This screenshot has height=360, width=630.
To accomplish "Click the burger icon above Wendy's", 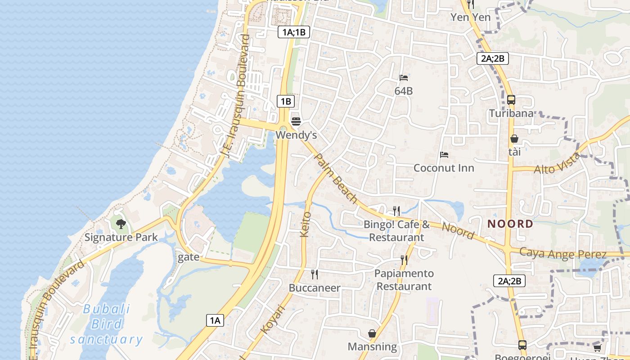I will [x=296, y=121].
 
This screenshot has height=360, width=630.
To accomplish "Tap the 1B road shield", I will [x=286, y=101].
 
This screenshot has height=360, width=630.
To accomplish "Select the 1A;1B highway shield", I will [x=294, y=32].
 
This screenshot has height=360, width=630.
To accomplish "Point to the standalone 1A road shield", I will [x=215, y=320].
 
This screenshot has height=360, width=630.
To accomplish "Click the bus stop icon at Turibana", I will [x=511, y=100].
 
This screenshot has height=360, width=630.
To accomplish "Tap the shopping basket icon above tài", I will [x=514, y=139].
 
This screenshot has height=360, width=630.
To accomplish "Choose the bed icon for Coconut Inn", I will [x=444, y=155].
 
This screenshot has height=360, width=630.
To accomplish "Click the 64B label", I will [x=404, y=91].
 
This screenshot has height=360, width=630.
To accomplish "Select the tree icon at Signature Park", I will [x=121, y=224].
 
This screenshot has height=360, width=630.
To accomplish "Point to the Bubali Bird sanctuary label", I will [x=107, y=324].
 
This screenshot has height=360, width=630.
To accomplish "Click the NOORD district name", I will [x=510, y=224].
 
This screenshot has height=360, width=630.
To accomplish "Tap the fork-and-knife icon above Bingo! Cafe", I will [x=396, y=210].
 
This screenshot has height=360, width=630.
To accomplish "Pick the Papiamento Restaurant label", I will [x=404, y=280].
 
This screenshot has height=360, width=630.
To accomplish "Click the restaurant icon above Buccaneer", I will [x=315, y=274].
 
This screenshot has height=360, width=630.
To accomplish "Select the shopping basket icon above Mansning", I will [x=372, y=333].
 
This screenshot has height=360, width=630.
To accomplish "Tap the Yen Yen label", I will [x=471, y=17].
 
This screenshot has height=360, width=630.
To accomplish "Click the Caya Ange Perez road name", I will [x=563, y=253].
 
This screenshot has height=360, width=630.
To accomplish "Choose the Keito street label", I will [x=305, y=224].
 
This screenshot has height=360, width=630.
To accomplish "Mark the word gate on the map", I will [x=189, y=257].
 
